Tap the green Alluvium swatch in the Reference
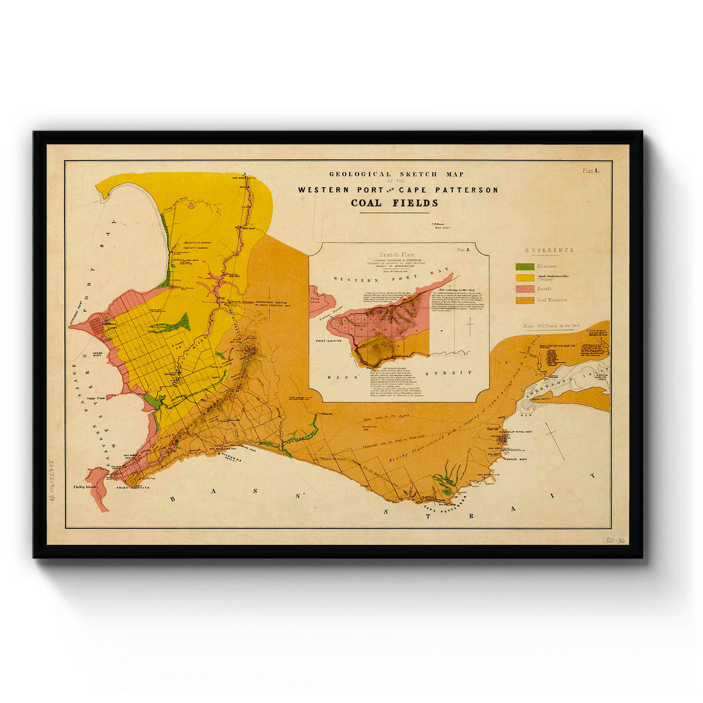525,267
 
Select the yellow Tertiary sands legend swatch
525,277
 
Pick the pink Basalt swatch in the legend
525,289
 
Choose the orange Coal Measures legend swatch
525,300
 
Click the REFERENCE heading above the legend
549,250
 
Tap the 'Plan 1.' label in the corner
589,171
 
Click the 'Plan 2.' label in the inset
465,250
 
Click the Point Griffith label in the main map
132,487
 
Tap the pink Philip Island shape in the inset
321,299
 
